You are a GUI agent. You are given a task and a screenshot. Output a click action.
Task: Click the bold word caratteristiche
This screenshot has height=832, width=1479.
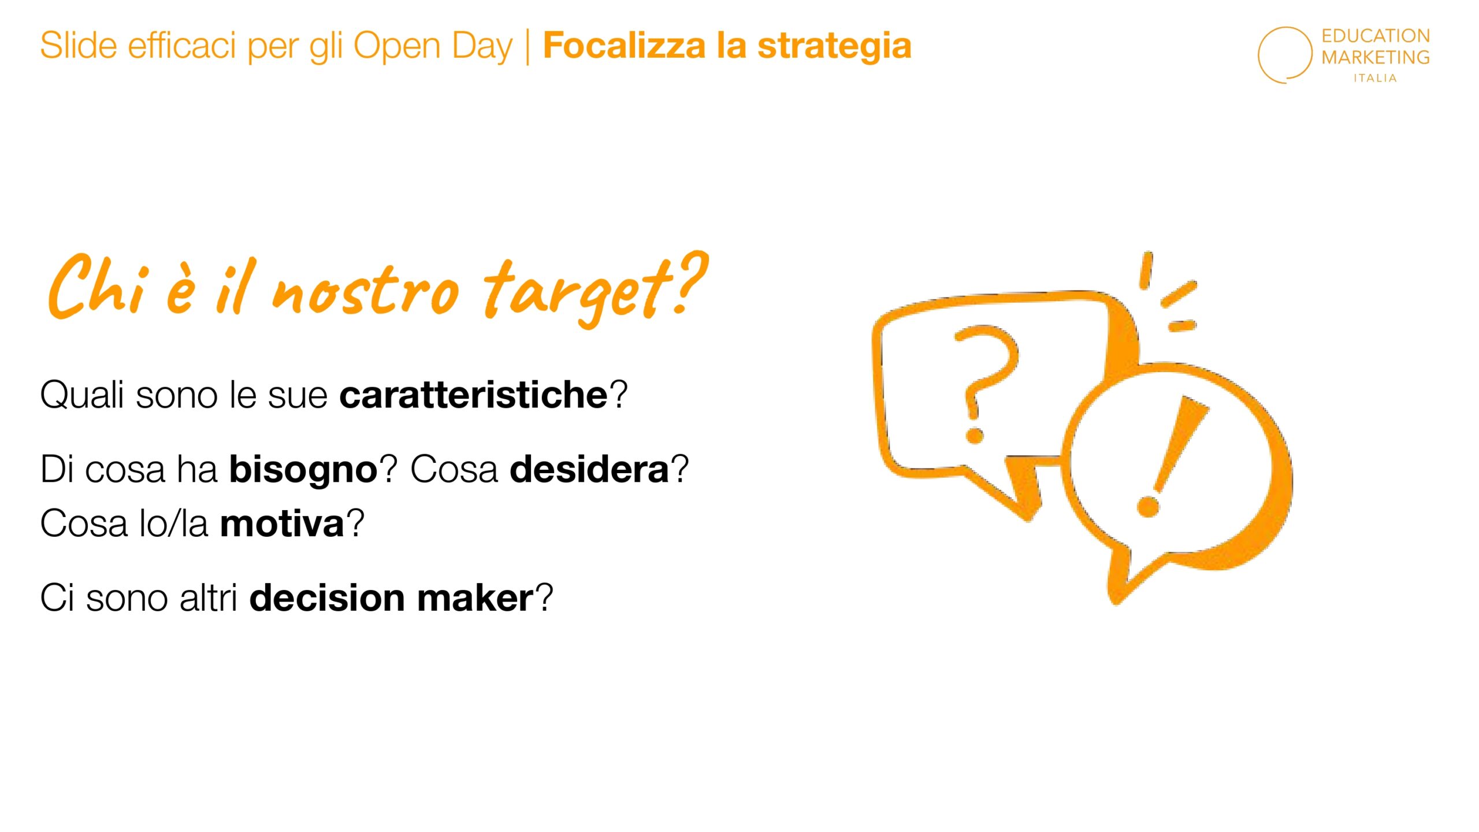coord(473,395)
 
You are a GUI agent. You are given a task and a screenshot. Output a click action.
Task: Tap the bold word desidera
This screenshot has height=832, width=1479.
coord(589,469)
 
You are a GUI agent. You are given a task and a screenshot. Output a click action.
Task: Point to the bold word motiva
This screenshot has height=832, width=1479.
coord(282,523)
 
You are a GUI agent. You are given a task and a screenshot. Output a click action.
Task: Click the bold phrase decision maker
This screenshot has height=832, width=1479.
coord(391,597)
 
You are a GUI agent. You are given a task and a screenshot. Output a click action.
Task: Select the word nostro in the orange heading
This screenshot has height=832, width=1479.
coord(365,291)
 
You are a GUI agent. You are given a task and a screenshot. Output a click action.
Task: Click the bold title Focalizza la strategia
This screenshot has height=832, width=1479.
coord(727,46)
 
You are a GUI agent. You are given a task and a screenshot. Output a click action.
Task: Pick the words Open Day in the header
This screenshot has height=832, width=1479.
coord(433,47)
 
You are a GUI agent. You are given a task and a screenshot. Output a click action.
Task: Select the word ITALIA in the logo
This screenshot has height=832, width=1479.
coord(1375,78)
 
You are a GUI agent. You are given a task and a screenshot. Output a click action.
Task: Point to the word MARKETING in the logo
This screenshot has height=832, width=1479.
coord(1375,57)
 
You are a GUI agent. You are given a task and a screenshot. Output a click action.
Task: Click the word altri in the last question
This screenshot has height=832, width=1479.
coord(208,597)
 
